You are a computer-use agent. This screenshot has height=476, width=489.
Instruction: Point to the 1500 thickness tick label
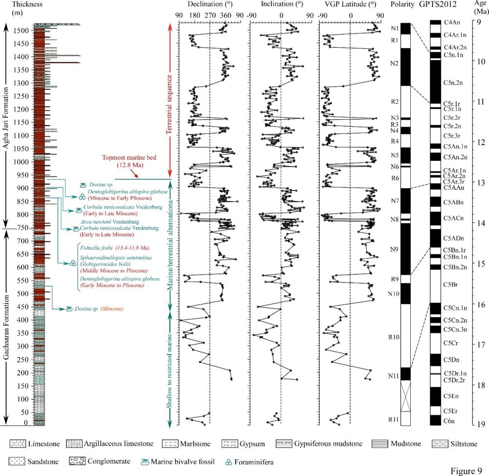pyautogui.click(x=22, y=30)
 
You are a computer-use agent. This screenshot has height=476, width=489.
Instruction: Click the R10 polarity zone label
pyautogui.click(x=395, y=337)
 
